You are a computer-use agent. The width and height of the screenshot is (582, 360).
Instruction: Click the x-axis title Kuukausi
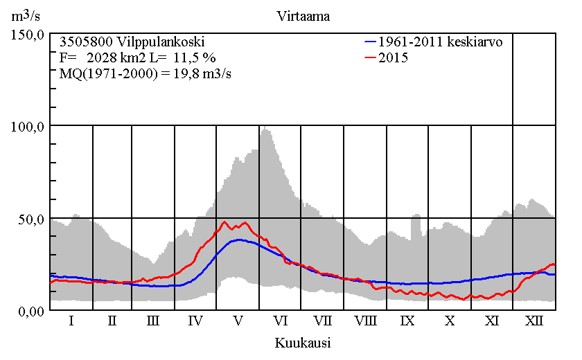(x=302, y=343)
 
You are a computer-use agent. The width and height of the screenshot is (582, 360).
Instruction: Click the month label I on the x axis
(x=71, y=322)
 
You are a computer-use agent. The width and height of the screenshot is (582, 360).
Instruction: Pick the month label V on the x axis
(x=238, y=322)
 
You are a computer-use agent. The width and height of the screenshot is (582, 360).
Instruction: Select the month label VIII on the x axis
(x=365, y=322)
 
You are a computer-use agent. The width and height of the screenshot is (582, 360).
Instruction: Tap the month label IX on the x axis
(x=407, y=322)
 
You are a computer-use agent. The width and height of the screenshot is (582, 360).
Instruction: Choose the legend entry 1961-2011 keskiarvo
(x=441, y=42)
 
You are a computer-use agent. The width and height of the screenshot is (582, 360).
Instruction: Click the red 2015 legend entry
(x=393, y=57)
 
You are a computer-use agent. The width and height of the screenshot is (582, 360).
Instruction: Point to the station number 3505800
(x=85, y=42)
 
